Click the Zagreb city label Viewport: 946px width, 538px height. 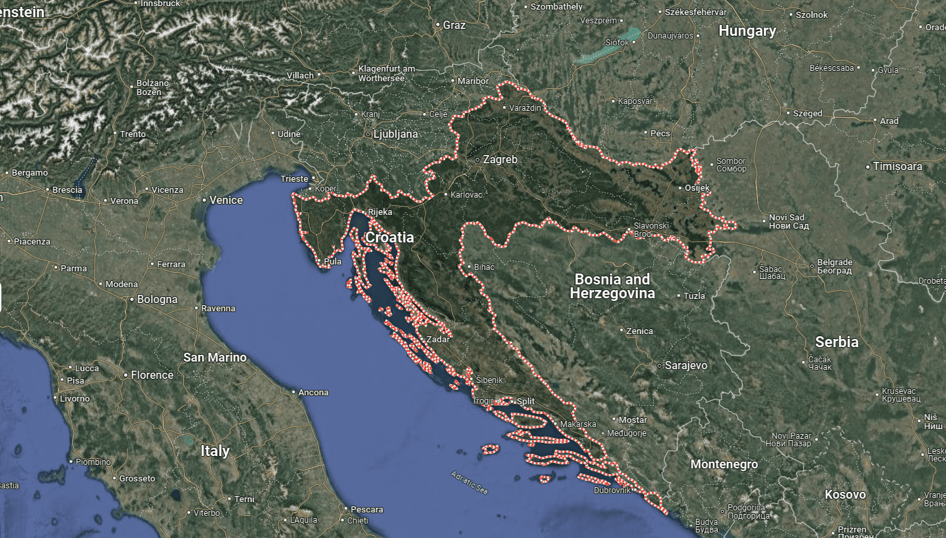coord(500,159)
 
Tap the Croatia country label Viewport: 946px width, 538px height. coord(389,238)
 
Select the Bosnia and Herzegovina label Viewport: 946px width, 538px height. coord(612,287)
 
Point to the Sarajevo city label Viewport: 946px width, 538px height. coord(686,365)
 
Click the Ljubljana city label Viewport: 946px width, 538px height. coord(395,134)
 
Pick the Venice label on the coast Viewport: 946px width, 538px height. coord(226,200)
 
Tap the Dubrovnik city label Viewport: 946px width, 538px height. coord(613,490)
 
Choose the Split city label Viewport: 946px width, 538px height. coord(526,401)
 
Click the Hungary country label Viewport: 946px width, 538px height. coord(747,31)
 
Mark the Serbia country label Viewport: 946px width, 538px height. coord(836,342)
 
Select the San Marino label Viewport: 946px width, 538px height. coord(215,358)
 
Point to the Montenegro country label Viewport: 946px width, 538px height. coord(723,464)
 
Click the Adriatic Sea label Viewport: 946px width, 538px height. coord(469,482)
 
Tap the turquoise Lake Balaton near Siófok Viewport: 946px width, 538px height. coord(610,48)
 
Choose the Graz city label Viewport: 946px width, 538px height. coord(454,25)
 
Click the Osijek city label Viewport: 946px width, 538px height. coord(697,188)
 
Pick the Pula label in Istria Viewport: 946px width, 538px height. coord(332,262)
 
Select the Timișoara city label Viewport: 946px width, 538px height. coord(897,167)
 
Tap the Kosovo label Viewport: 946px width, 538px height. coord(845,495)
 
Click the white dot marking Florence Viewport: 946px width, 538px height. coord(125,375)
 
